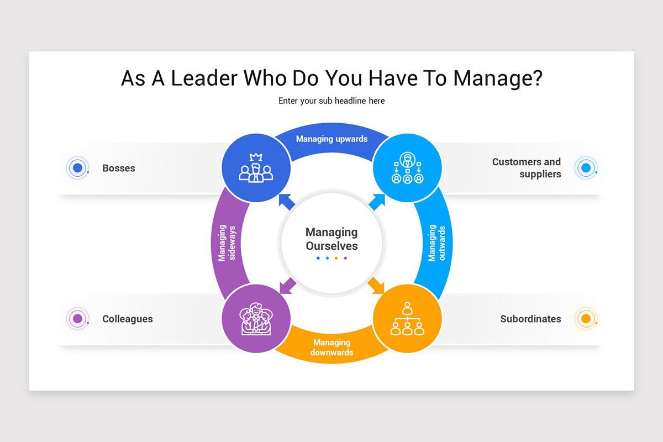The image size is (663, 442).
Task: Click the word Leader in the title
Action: click(204, 78)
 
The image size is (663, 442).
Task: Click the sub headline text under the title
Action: click(331, 101)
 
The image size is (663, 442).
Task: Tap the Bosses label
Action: click(119, 168)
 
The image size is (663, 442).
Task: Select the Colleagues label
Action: click(128, 319)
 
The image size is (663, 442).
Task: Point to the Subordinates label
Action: click(531, 319)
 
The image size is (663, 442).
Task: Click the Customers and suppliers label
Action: click(527, 168)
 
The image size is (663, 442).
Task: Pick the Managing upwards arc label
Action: click(332, 139)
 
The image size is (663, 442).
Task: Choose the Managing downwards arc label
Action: click(332, 348)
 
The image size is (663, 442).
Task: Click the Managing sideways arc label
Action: click(227, 243)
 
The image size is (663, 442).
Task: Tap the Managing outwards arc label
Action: click(436, 243)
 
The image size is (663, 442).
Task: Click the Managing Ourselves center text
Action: click(331, 239)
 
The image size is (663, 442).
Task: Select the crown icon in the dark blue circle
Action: click(256, 167)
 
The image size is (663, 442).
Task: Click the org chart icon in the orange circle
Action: click(407, 319)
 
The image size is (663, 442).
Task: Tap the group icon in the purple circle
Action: click(256, 319)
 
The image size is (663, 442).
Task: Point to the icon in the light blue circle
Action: click(408, 167)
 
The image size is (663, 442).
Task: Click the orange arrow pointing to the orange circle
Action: click(376, 286)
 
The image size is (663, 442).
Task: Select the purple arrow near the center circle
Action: click(287, 286)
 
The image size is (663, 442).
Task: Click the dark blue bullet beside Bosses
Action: click(77, 168)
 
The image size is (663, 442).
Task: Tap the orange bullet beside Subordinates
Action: click(586, 319)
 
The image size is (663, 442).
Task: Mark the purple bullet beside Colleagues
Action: click(77, 319)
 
